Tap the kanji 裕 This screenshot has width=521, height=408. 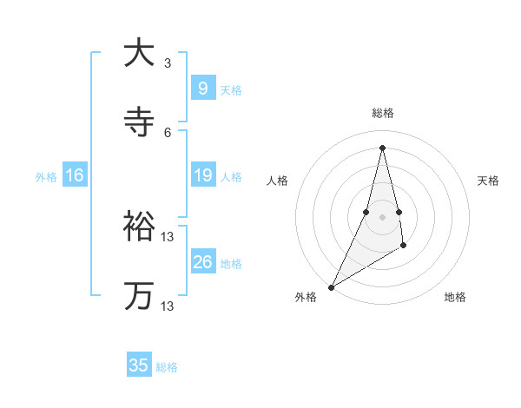(x=139, y=227)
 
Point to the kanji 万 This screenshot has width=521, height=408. (x=139, y=296)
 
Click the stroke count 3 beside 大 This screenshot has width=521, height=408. (x=168, y=63)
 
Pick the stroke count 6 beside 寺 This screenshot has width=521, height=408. (x=168, y=132)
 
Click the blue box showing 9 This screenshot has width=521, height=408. (x=202, y=89)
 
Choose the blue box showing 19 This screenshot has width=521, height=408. (x=202, y=175)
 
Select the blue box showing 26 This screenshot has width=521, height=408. (x=202, y=262)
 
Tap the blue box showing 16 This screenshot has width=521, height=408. (x=74, y=175)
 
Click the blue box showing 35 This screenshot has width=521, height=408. (x=139, y=365)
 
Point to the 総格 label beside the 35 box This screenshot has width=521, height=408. (x=167, y=367)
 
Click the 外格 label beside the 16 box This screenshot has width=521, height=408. (x=46, y=177)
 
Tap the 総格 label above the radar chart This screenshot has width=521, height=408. (x=383, y=113)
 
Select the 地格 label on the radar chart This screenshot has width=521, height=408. (x=455, y=297)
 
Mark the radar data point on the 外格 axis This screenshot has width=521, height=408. (x=331, y=287)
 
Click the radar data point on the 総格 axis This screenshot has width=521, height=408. (x=383, y=148)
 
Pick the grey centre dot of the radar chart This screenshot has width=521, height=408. (x=383, y=217)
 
